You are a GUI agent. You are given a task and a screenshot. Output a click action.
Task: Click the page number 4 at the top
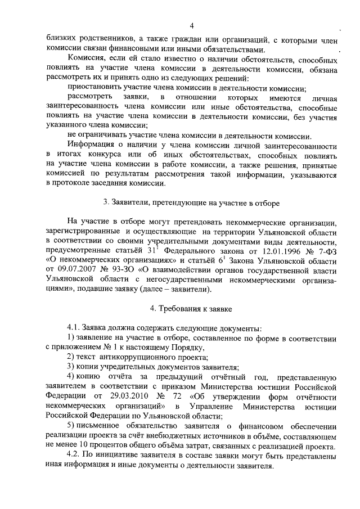(191, 25)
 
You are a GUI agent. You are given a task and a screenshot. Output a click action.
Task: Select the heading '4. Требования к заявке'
(191, 309)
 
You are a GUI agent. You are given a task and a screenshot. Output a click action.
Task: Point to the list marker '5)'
(71, 427)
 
